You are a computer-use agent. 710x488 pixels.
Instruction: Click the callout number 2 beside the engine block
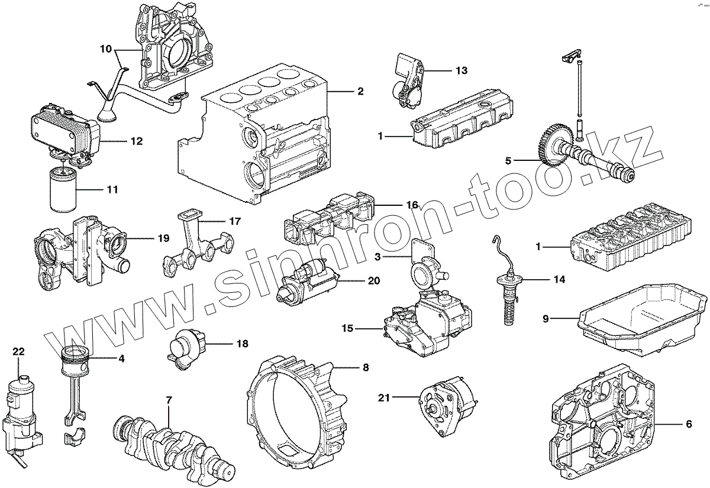pos(360,92)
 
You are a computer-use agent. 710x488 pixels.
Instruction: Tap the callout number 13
pos(461,70)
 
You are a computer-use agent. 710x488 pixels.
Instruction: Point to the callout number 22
pos(19,351)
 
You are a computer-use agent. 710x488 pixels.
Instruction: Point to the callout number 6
pos(689,424)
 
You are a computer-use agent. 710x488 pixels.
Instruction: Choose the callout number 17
pos(235,221)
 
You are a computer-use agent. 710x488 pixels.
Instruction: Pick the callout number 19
pos(163,238)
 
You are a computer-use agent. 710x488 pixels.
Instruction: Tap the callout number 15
pos(347,327)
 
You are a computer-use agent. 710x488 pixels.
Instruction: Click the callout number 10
pos(106,49)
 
